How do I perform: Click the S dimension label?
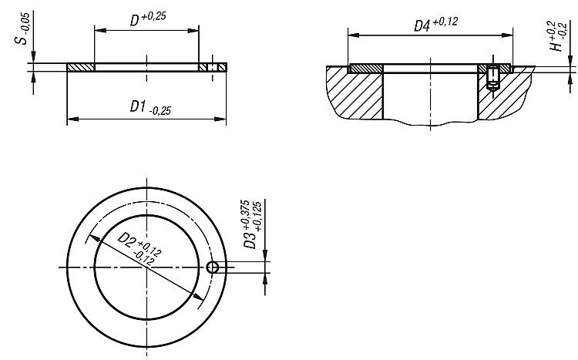click(23, 29)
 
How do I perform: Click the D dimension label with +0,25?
click(148, 19)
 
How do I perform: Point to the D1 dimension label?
click(150, 108)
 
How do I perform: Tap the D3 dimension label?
click(253, 224)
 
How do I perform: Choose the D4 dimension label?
click(435, 24)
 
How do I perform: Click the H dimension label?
click(558, 36)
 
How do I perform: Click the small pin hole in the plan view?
click(213, 267)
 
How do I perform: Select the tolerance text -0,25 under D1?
click(160, 111)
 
